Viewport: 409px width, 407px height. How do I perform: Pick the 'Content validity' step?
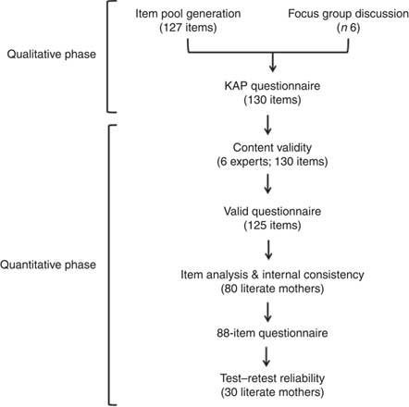pos(275,146)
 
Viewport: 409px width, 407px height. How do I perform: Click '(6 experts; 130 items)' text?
pos(275,162)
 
